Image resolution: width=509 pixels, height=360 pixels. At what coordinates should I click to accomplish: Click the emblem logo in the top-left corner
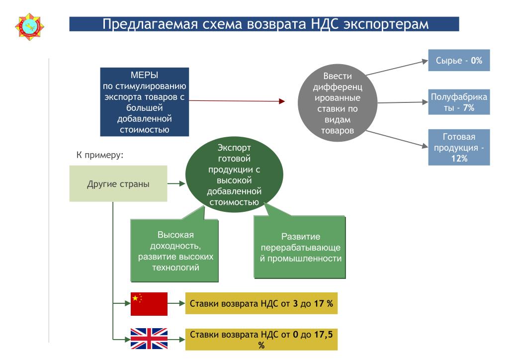[29, 27]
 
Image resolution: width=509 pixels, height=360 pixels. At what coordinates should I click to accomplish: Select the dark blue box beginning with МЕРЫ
[145, 102]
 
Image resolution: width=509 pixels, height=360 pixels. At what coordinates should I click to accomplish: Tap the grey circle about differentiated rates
[338, 103]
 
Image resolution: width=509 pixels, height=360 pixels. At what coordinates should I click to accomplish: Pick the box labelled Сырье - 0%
[459, 60]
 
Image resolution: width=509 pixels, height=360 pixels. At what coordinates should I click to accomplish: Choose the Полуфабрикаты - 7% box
[459, 102]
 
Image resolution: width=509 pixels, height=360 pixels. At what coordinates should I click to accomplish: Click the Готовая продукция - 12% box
[459, 147]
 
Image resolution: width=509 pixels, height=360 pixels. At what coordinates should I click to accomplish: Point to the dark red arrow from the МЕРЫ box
[237, 101]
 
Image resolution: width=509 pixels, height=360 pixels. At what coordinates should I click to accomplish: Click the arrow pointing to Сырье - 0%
[397, 68]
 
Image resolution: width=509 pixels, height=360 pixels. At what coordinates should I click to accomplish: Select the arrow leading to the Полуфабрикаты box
[403, 102]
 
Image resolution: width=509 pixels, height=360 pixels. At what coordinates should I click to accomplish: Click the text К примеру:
[100, 155]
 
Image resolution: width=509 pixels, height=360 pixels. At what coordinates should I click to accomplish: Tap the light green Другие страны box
[118, 184]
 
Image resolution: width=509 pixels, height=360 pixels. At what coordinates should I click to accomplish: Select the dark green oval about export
[234, 175]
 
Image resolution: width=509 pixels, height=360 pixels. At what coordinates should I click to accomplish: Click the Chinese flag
[149, 304]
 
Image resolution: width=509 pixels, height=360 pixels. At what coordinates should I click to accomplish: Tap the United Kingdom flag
[149, 339]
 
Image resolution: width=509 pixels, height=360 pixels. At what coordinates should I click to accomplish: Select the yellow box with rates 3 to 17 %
[261, 303]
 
